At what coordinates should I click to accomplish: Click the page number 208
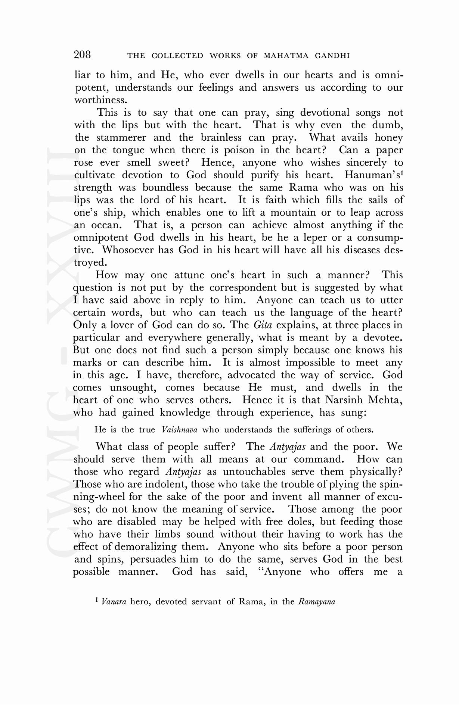coord(83,55)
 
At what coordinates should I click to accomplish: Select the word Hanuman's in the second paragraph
coord(373,175)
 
